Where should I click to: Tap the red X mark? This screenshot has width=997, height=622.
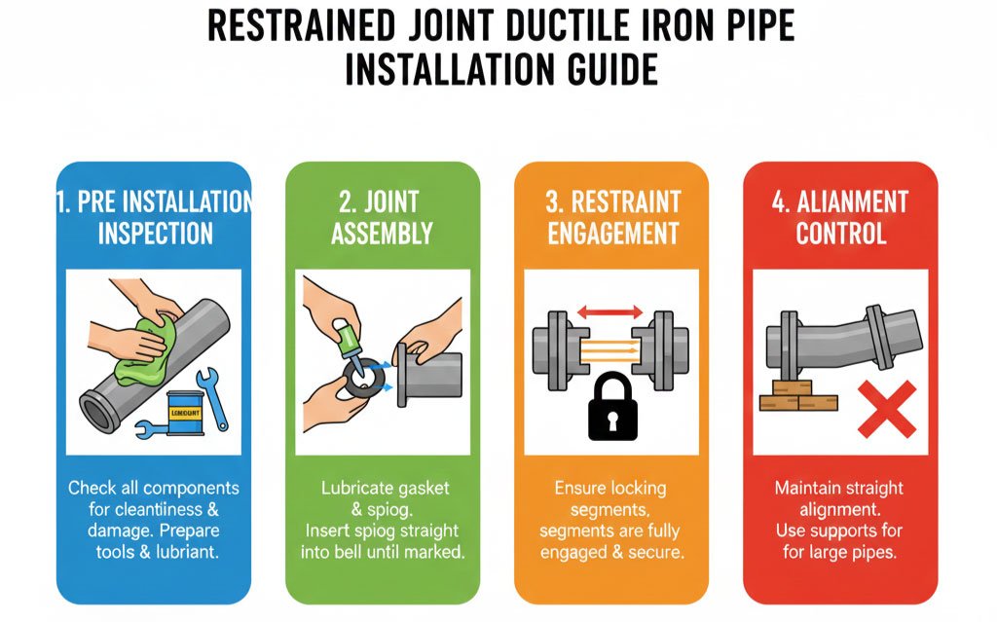(887, 409)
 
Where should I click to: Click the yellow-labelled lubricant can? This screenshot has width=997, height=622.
(185, 413)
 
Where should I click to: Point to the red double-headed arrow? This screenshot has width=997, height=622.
(609, 312)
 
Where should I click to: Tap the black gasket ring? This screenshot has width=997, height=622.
(364, 379)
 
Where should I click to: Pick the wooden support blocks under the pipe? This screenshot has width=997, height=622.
(797, 395)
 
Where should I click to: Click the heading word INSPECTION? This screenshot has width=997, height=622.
(155, 234)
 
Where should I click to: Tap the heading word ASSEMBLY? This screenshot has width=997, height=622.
(382, 234)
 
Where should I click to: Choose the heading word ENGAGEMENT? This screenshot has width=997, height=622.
(613, 234)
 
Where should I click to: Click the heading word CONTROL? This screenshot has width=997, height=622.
(840, 234)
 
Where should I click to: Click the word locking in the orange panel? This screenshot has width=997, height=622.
(638, 489)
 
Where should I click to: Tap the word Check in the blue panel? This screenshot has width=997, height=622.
(92, 488)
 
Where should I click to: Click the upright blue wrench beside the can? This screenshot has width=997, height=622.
(212, 399)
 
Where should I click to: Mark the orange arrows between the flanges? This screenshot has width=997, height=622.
(609, 350)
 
